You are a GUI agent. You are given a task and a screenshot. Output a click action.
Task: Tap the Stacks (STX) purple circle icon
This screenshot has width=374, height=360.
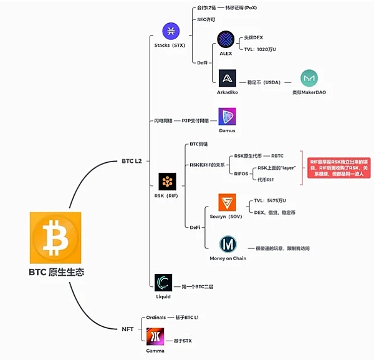pyautogui.click(x=171, y=31)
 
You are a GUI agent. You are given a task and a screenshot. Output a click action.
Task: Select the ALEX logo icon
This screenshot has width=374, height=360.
pyautogui.click(x=225, y=39)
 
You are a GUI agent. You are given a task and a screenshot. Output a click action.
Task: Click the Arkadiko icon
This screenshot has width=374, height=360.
pyautogui.click(x=227, y=77)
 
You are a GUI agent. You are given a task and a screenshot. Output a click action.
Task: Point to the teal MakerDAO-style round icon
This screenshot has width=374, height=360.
pyautogui.click(x=309, y=78)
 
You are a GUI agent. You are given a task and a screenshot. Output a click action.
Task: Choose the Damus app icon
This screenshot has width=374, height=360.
pyautogui.click(x=227, y=117)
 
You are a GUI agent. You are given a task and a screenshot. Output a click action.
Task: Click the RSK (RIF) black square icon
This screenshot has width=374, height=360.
pyautogui.click(x=167, y=182)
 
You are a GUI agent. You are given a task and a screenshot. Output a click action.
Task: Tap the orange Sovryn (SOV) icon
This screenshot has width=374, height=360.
pyautogui.click(x=227, y=202)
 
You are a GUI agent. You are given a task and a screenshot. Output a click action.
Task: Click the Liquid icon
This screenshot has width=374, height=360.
pyautogui.click(x=163, y=283)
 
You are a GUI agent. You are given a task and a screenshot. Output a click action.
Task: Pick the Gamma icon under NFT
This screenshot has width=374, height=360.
pyautogui.click(x=155, y=337)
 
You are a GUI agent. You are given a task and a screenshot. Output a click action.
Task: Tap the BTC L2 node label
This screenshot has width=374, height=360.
pyautogui.click(x=132, y=161)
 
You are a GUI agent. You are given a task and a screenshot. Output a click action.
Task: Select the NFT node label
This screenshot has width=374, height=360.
pyautogui.click(x=127, y=328)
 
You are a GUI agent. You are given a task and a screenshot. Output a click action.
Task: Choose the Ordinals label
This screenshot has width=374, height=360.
pyautogui.click(x=156, y=318)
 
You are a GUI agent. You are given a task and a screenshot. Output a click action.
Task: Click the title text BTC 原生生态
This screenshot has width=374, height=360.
pyautogui.click(x=56, y=272)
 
